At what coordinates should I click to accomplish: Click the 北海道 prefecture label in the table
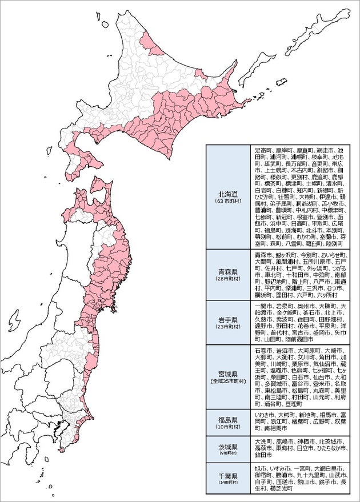227,194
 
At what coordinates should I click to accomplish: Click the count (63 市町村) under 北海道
227,202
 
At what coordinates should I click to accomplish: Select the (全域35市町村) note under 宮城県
227,380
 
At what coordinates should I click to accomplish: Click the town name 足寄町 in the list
263,150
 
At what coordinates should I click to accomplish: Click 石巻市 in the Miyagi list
263,350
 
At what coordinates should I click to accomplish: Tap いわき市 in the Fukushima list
266,414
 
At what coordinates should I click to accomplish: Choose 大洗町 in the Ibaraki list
263,441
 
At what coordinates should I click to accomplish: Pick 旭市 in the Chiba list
261,468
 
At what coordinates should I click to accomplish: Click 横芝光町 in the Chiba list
281,489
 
